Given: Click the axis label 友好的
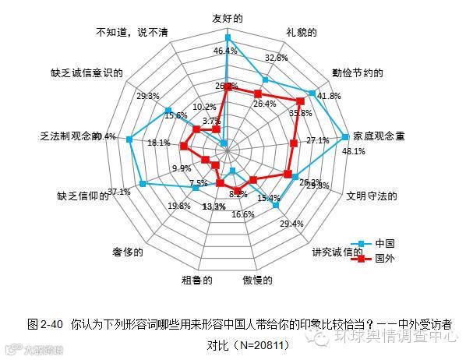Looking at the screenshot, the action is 227,17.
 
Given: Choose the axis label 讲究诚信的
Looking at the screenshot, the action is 337,252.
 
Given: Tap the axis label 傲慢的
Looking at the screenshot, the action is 256,279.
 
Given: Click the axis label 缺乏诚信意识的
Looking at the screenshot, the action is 86,73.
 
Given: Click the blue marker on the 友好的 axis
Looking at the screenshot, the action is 228,37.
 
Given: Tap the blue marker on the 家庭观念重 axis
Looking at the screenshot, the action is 345,137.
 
